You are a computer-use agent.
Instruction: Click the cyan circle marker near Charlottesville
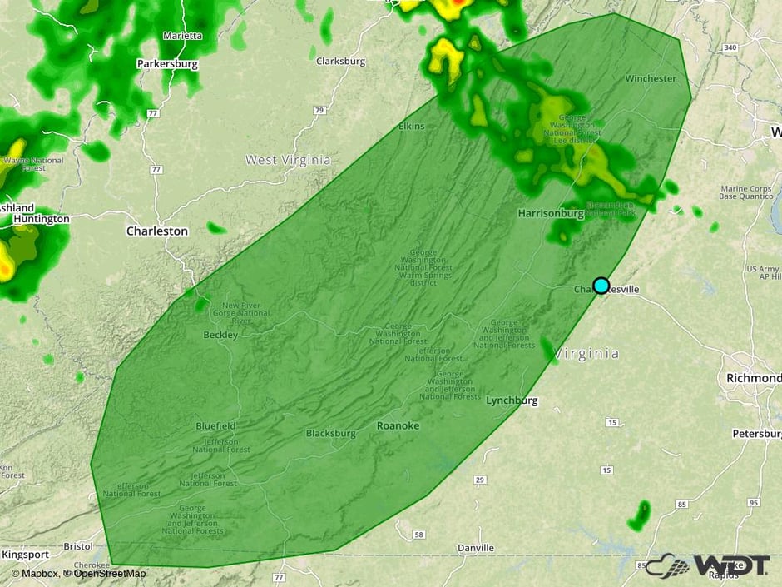click(x=601, y=286)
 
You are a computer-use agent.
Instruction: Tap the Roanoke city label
click(x=398, y=425)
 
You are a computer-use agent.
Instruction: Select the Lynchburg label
click(x=512, y=400)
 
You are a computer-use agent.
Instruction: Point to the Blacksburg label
click(x=330, y=433)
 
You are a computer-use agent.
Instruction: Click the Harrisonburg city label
click(x=551, y=213)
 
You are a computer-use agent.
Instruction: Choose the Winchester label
click(x=651, y=78)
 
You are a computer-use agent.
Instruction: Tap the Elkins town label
click(x=412, y=127)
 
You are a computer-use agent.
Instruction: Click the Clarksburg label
click(x=341, y=61)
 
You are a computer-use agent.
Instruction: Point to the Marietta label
click(x=182, y=36)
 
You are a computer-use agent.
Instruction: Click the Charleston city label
click(x=157, y=231)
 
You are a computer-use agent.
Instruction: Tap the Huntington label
click(x=41, y=219)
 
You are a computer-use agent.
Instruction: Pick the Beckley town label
click(x=220, y=335)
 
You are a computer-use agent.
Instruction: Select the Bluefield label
click(x=215, y=425)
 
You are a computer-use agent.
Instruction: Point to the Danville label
click(x=476, y=548)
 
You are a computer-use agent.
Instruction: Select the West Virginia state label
click(x=288, y=159)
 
